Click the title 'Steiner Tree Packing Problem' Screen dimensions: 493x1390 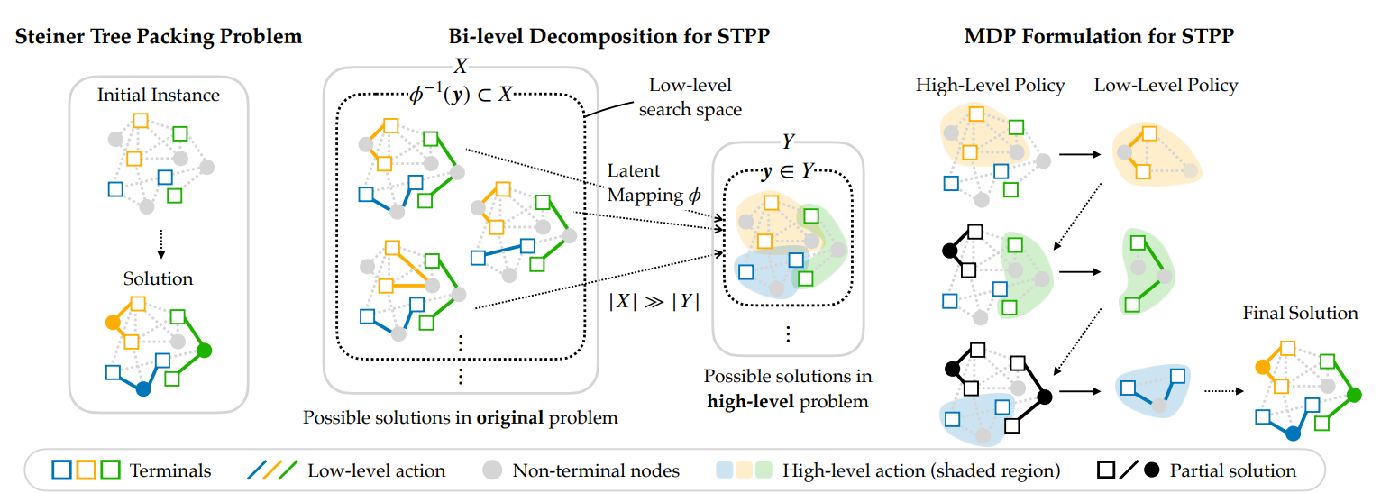(158, 38)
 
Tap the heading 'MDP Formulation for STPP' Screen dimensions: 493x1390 (1099, 38)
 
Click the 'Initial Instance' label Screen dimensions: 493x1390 (159, 94)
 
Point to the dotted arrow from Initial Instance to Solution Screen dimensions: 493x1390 (159, 242)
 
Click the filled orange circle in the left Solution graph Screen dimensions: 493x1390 (113, 321)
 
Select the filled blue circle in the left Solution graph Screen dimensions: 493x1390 (142, 389)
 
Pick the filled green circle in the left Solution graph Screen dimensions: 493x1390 (205, 350)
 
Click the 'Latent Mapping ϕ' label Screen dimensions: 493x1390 (648, 183)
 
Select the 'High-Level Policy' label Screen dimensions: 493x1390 (990, 87)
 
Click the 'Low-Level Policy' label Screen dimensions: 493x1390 (1166, 87)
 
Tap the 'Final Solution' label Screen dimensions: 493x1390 (1300, 314)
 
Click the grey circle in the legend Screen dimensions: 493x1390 (491, 470)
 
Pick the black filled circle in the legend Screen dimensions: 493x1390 (1151, 470)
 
